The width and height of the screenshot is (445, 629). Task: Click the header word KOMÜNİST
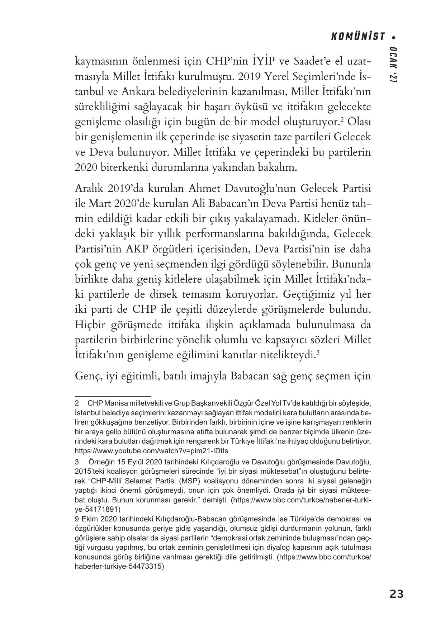tap(358, 37)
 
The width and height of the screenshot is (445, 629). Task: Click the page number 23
tap(396, 594)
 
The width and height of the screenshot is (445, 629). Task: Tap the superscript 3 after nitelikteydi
tap(318, 352)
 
